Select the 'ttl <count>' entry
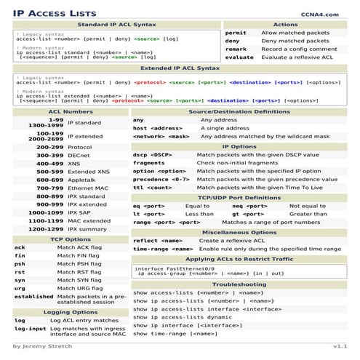click(154, 188)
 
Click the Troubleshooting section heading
click(239, 284)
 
